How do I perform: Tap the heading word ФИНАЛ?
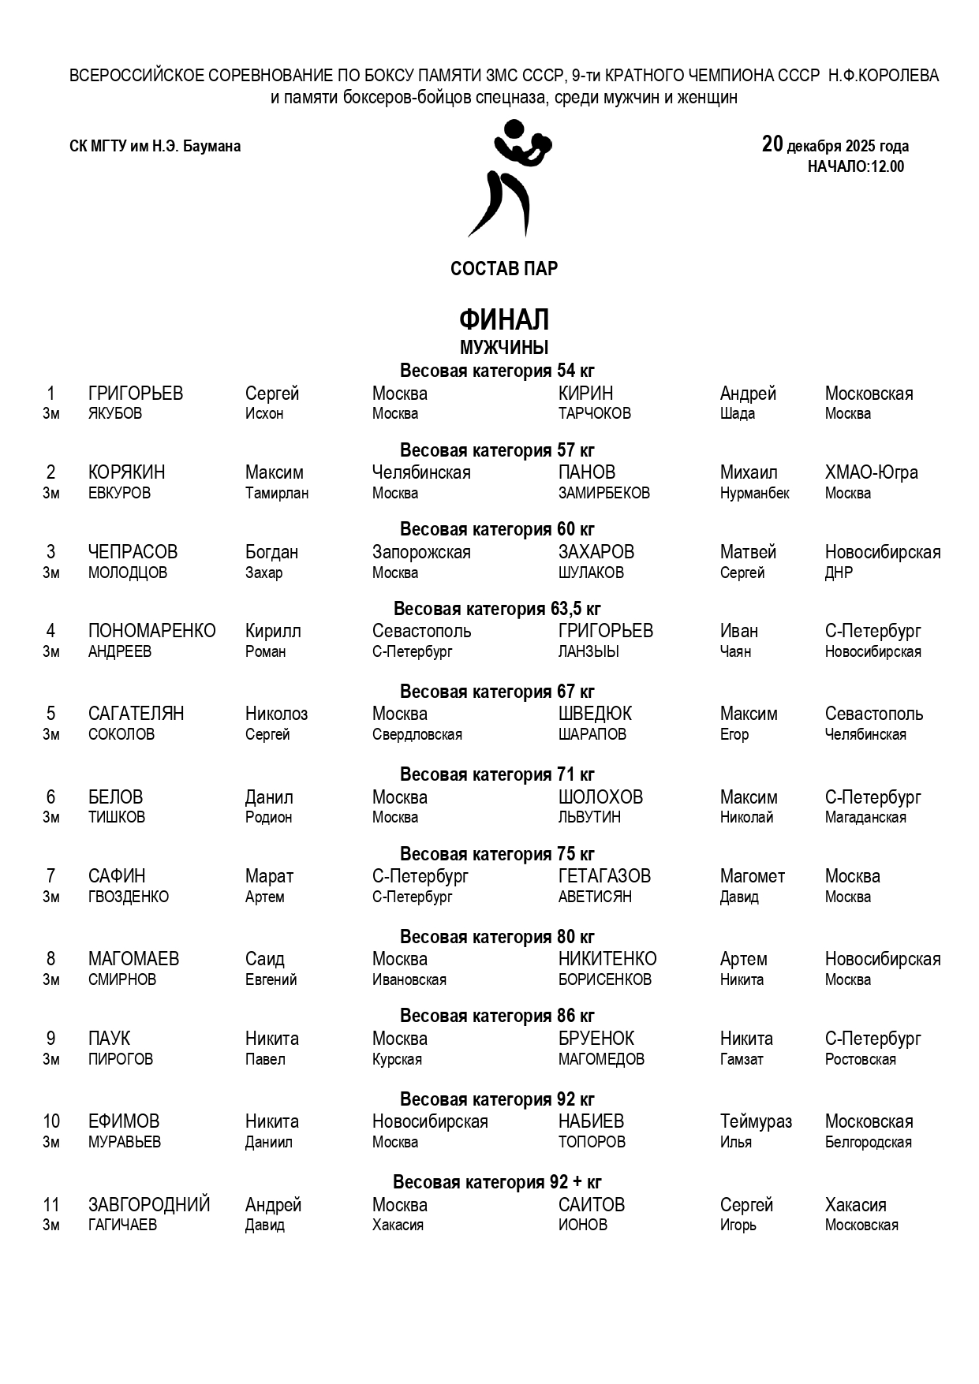tap(503, 320)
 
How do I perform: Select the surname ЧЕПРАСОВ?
tap(133, 552)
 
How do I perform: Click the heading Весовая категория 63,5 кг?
tap(497, 609)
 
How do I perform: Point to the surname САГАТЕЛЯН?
tap(136, 714)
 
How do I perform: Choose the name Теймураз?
tap(755, 1121)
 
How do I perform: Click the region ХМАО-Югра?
tap(871, 472)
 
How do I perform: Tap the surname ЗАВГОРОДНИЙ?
tap(149, 1205)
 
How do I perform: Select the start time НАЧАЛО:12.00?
tap(855, 166)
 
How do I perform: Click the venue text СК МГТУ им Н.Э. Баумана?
tap(155, 146)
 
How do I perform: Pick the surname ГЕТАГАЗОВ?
tap(604, 876)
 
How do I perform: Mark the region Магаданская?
tap(865, 818)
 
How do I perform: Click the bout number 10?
tap(51, 1121)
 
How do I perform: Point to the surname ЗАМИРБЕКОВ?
tap(603, 494)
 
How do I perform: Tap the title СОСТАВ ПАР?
tap(503, 269)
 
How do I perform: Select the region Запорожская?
tap(421, 552)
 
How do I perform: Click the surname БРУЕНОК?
tap(596, 1039)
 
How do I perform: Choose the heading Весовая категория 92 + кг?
tap(497, 1182)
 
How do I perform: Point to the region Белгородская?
tap(868, 1143)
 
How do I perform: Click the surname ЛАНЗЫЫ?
tap(589, 652)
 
